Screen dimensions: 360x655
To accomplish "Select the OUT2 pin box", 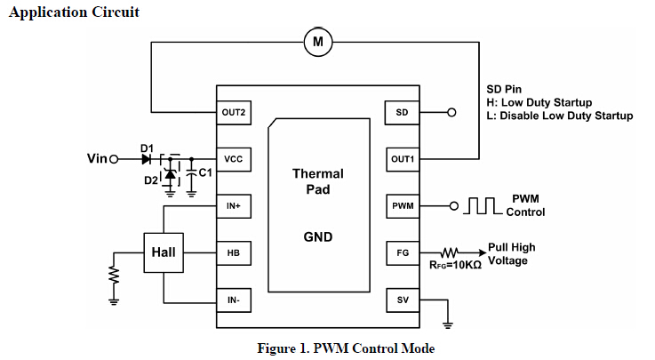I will coord(234,113).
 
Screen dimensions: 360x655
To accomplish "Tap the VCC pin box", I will coord(234,159).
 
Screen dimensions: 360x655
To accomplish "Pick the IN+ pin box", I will coord(234,206).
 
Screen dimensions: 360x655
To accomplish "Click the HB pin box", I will coord(234,253).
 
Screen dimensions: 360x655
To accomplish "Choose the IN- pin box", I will coord(234,300).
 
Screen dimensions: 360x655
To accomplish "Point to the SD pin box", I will coord(403,113).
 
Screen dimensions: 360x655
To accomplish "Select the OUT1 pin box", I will coord(403,159).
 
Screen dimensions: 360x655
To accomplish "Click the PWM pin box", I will coord(403,206).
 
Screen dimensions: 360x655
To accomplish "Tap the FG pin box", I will coord(403,253).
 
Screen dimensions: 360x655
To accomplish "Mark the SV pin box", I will coord(403,300).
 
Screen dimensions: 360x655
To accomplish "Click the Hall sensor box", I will coord(163,252).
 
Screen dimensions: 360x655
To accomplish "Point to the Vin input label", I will coord(97,159).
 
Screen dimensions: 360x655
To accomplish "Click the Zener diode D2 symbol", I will coord(171,175).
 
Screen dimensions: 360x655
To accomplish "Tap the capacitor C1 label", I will coord(204,172).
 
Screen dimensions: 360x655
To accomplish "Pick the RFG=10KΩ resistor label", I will coord(456,266).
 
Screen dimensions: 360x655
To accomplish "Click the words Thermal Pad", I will coord(317,181).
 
